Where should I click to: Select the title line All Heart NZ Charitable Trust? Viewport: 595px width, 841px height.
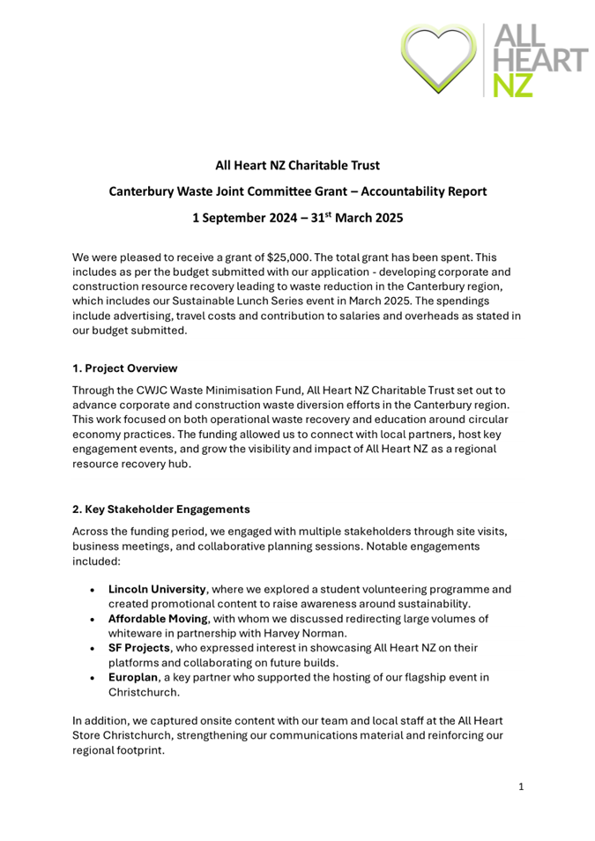tap(298, 165)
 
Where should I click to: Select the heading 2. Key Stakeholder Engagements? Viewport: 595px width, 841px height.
tap(161, 509)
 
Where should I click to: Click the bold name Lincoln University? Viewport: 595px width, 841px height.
tap(158, 588)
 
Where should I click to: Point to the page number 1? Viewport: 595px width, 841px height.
tap(521, 785)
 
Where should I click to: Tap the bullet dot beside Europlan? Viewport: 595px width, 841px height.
tap(93, 677)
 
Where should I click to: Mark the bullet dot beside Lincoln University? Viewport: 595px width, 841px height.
tap(93, 589)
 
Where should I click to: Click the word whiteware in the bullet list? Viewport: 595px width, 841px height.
tap(138, 632)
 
